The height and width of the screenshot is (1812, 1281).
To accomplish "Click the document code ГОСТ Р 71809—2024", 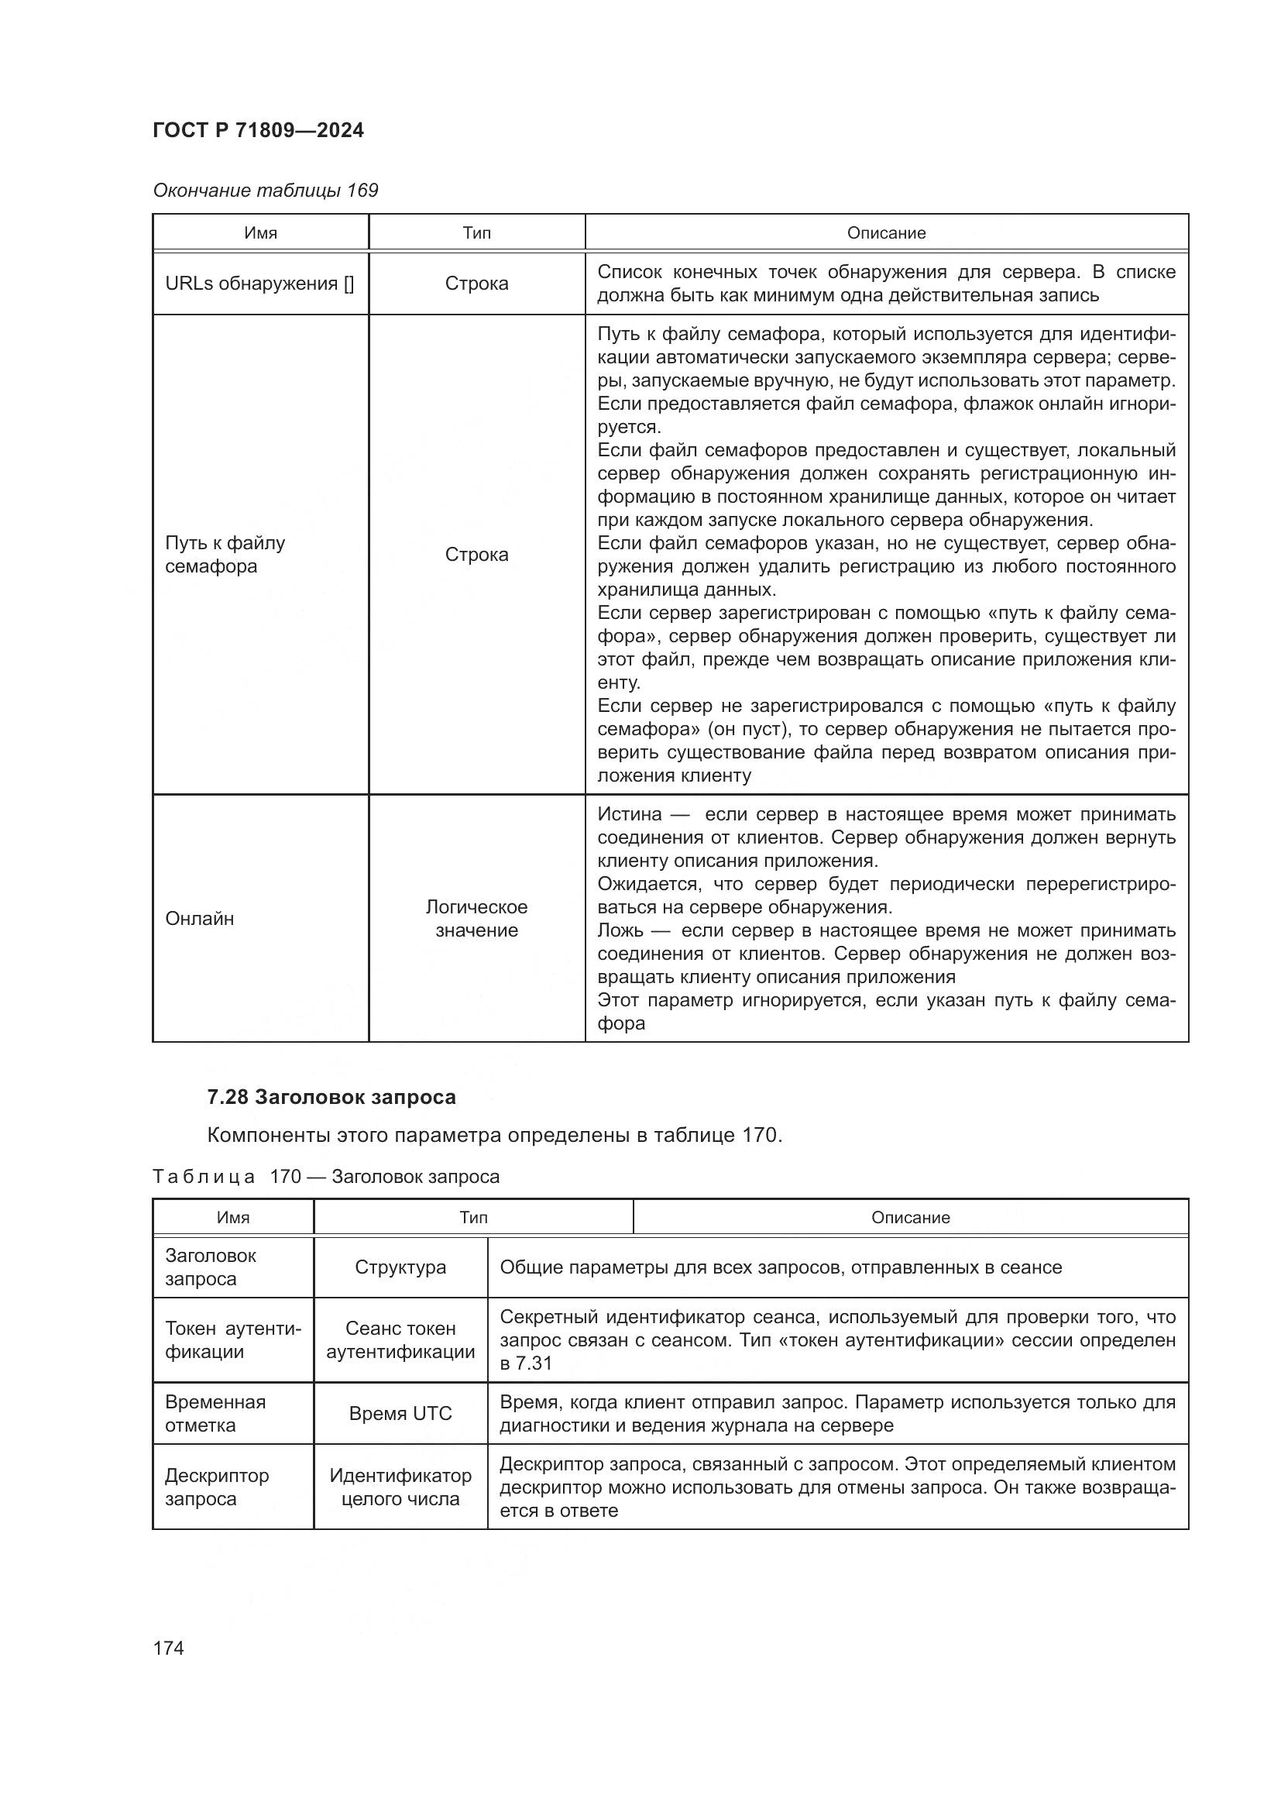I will click(258, 130).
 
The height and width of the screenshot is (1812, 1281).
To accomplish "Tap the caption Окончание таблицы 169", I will click(265, 191).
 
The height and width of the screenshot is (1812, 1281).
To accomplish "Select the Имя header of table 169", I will click(260, 233).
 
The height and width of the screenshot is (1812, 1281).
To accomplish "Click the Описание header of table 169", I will click(886, 233).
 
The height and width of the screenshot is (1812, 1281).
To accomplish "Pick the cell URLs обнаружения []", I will click(259, 284).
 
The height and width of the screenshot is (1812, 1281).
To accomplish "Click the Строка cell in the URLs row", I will click(476, 284).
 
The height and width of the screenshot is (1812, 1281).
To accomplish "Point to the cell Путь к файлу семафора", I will click(225, 554).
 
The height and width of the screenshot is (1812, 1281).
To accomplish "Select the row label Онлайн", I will click(200, 919).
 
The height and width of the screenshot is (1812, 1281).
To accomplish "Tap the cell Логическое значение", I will click(476, 919).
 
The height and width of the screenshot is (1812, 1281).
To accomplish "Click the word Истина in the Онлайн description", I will click(629, 814).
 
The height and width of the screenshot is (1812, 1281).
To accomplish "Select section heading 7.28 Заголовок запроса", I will click(331, 1097).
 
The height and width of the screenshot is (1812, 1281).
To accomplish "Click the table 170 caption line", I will click(326, 1177).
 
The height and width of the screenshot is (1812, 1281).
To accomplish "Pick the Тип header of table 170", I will click(473, 1218).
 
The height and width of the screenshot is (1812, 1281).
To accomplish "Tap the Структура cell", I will click(400, 1267).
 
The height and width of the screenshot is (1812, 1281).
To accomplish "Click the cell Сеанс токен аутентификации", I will click(400, 1340).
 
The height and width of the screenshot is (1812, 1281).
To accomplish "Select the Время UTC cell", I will click(400, 1414).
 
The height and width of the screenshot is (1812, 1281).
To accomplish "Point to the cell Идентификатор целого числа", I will click(400, 1487).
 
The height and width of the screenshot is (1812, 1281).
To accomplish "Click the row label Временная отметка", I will click(215, 1414).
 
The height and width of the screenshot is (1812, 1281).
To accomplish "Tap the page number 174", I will click(169, 1648).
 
